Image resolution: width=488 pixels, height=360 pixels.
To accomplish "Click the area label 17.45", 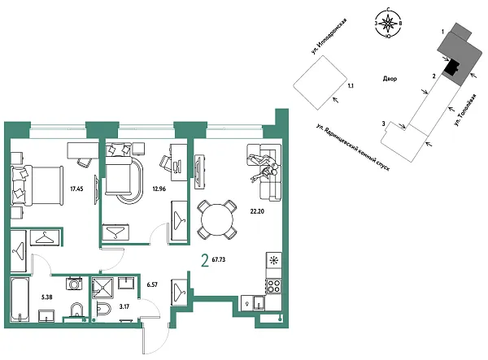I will (x=77, y=188).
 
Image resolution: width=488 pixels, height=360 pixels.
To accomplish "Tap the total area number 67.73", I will (x=220, y=262).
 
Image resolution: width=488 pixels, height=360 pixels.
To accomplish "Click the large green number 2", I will (x=203, y=261).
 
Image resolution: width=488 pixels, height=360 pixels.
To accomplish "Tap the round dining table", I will (x=216, y=217).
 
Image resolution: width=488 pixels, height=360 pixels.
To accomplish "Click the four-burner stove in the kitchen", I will (x=274, y=285).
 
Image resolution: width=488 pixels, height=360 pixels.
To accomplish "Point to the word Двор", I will (x=390, y=79).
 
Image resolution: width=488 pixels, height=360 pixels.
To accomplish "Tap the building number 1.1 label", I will (x=351, y=84).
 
